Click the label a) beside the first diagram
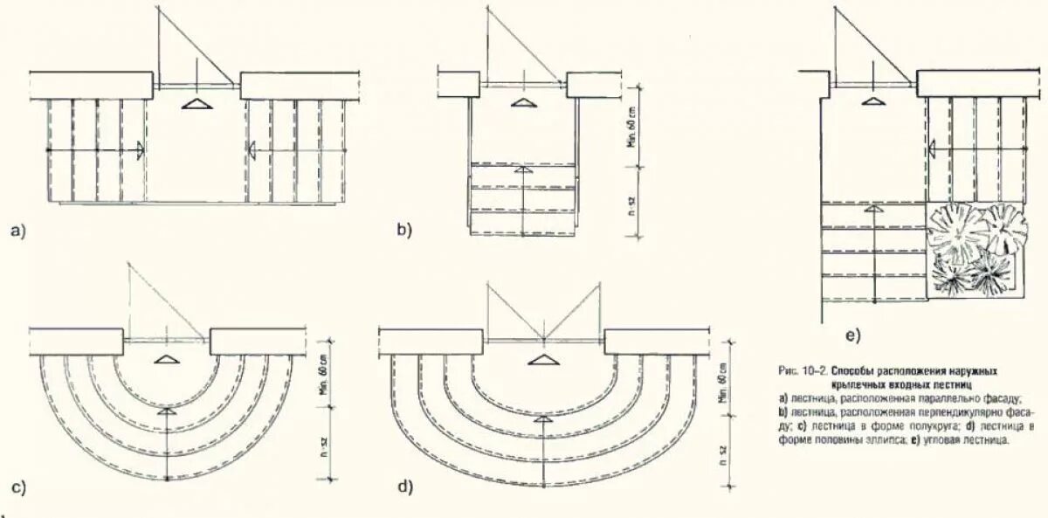[18, 231]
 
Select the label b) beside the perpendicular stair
[403, 231]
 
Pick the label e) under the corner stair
[851, 335]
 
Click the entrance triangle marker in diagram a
[198, 104]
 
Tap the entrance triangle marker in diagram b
[523, 104]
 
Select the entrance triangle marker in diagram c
[165, 360]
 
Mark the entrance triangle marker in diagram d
[544, 360]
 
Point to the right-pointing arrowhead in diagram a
[138, 151]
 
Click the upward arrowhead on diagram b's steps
[522, 169]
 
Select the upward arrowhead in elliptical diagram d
[544, 420]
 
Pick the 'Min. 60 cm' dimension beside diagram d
[722, 384]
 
